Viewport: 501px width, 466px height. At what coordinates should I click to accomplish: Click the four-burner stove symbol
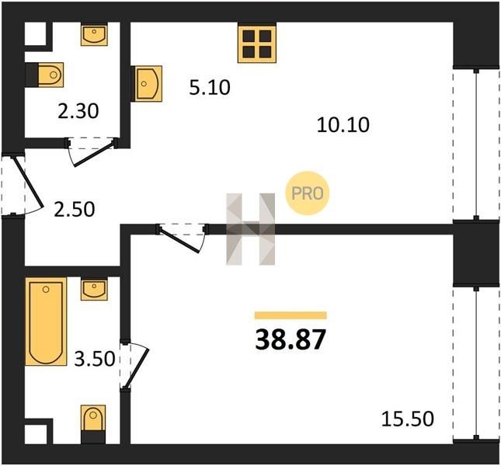(257, 44)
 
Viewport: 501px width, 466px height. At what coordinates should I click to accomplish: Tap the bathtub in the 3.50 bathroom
(46, 322)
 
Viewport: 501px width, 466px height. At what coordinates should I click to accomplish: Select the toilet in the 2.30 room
(50, 75)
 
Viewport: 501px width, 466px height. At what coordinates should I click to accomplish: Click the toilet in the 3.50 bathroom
(93, 418)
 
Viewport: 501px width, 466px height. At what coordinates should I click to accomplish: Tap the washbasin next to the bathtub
(94, 290)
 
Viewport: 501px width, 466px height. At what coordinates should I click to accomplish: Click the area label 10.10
(343, 124)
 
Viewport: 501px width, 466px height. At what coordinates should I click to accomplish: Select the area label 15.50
(408, 419)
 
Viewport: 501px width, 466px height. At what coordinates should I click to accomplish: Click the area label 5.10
(210, 88)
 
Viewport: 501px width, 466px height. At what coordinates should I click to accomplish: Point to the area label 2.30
(78, 112)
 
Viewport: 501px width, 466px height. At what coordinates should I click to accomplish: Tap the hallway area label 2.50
(74, 210)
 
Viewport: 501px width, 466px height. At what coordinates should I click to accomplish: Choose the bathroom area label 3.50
(95, 358)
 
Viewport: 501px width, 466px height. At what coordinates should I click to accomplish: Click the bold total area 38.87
(291, 340)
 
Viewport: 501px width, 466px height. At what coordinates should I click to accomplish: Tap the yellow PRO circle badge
(308, 193)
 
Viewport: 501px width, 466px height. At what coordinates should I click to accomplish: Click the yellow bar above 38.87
(291, 315)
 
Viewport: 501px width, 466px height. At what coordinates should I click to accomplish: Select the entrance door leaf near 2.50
(28, 182)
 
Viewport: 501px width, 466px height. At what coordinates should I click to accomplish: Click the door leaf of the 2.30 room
(93, 154)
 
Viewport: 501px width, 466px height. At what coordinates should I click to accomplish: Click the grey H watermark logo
(250, 229)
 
